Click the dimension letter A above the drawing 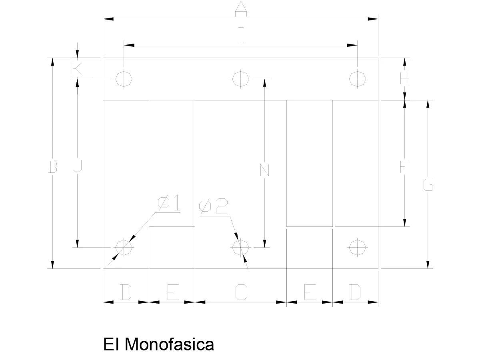(241, 9)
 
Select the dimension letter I (241, 35)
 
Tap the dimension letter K (77, 68)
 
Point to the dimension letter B (52, 167)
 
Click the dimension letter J (78, 166)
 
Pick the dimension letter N (265, 170)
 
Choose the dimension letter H (404, 78)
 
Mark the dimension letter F (404, 166)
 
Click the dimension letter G (428, 185)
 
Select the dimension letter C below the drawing (241, 292)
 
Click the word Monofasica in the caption (169, 344)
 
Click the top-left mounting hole (124, 79)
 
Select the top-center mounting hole (240, 79)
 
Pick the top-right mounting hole (357, 79)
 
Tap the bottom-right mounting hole (357, 248)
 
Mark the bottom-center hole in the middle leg (240, 248)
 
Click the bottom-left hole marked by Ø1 (124, 248)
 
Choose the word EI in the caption (111, 344)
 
